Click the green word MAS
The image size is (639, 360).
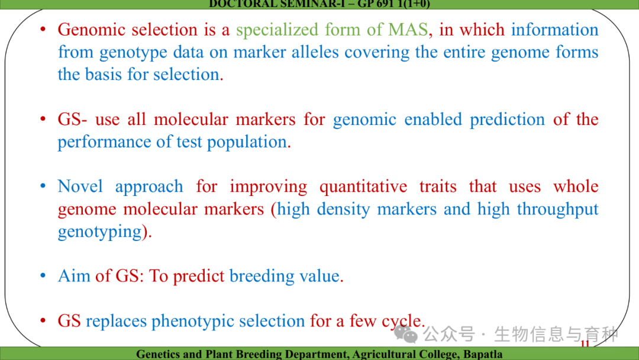tap(408, 30)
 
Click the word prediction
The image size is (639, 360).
tap(508, 120)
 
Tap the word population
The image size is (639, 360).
tap(247, 142)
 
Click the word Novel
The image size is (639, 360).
tap(80, 187)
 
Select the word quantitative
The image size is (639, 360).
tap(363, 187)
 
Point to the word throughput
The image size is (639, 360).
tap(557, 210)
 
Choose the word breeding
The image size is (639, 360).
tap(262, 277)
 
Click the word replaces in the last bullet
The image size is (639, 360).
tap(116, 322)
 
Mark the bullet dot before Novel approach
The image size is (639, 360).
tap(43, 187)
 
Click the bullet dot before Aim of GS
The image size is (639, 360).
tap(43, 276)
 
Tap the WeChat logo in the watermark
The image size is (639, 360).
tap(406, 335)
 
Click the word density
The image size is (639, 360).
tap(343, 210)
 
